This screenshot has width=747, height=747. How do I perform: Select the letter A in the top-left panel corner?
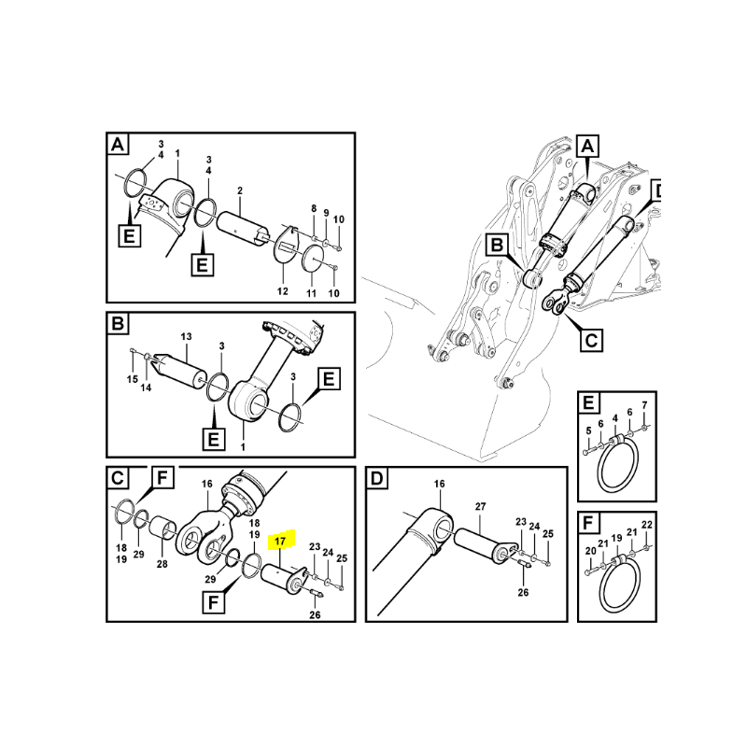[117, 145]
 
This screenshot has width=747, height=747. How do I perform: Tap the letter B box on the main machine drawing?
[498, 247]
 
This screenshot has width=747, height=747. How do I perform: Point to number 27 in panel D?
[482, 506]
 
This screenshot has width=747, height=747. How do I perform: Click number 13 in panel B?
[186, 336]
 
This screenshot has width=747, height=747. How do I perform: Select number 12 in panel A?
[282, 292]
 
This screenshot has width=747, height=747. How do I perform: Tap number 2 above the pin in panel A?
[239, 190]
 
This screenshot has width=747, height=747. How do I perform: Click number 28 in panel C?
[162, 564]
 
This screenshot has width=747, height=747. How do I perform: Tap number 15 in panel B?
[133, 378]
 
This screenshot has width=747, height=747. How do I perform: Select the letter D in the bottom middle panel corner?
[377, 480]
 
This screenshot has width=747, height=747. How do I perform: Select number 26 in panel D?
[522, 593]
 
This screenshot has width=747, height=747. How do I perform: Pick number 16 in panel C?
[207, 485]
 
